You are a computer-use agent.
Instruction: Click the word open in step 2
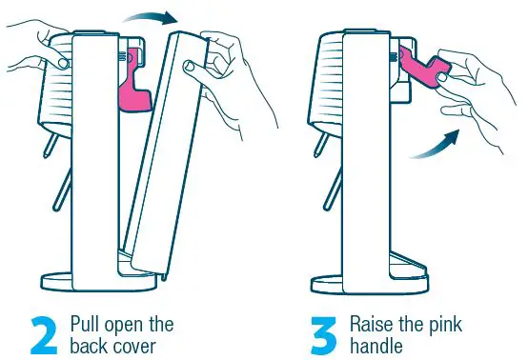(149, 321)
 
